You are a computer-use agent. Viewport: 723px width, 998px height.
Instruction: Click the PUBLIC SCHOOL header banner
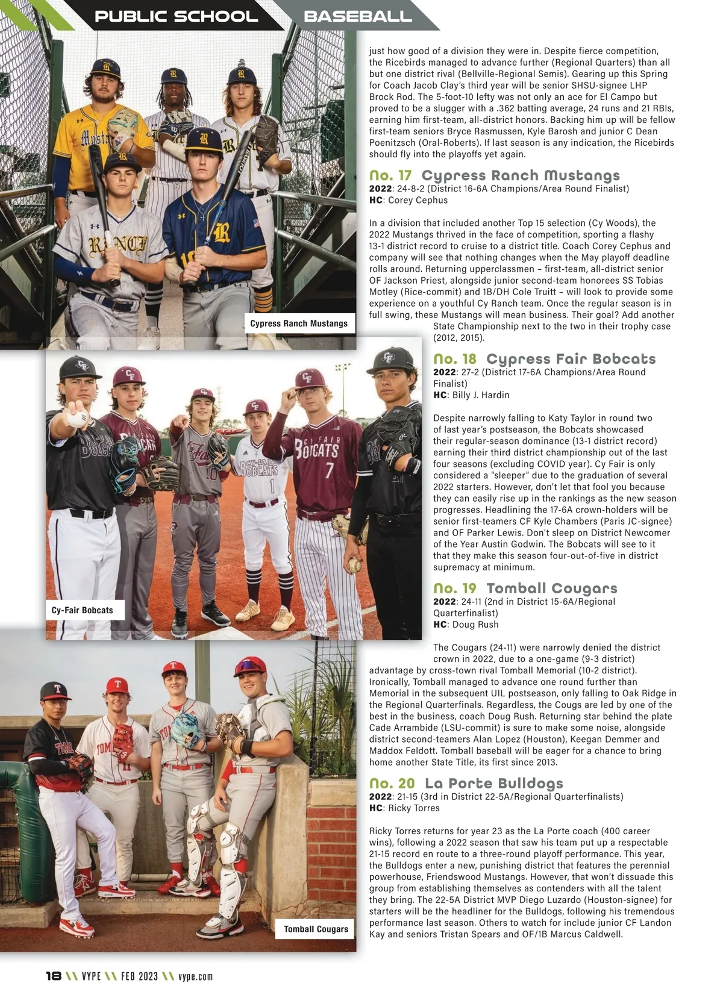coord(176,16)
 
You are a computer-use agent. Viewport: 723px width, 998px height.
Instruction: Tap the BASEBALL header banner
coord(358,16)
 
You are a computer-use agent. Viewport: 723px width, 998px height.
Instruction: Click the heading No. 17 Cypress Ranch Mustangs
coord(494,175)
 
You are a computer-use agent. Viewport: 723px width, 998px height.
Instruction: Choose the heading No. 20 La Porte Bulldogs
coord(466,783)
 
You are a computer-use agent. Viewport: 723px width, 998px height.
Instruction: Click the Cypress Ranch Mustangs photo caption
coord(299,323)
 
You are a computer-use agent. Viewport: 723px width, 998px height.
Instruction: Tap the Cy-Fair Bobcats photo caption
coord(83,610)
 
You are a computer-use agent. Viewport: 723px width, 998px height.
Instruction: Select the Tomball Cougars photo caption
coord(316,929)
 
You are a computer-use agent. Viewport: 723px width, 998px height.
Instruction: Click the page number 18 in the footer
coord(54,976)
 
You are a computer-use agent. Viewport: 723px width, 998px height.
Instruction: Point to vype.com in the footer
coord(195,976)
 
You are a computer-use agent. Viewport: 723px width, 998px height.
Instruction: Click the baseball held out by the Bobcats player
coord(77,417)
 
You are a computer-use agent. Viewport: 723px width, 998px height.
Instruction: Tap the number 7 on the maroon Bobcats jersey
coord(329,470)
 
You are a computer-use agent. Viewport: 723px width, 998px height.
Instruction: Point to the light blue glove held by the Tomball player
coord(186,729)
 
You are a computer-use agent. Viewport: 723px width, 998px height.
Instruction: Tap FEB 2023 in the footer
coord(139,976)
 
